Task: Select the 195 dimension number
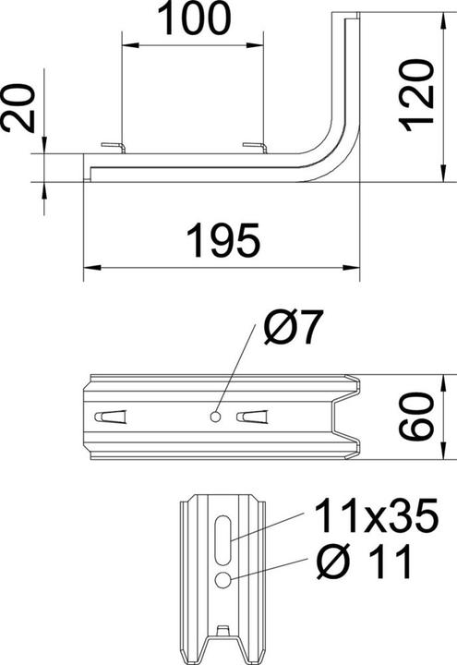pyautogui.click(x=222, y=242)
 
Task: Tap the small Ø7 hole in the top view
pyautogui.click(x=215, y=417)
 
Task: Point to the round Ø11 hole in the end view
pyautogui.click(x=224, y=580)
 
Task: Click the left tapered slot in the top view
pyautogui.click(x=110, y=417)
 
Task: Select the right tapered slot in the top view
pyautogui.click(x=253, y=417)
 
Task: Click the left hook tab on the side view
pyautogui.click(x=112, y=147)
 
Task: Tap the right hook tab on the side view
pyautogui.click(x=254, y=147)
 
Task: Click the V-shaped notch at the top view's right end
pyautogui.click(x=346, y=417)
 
